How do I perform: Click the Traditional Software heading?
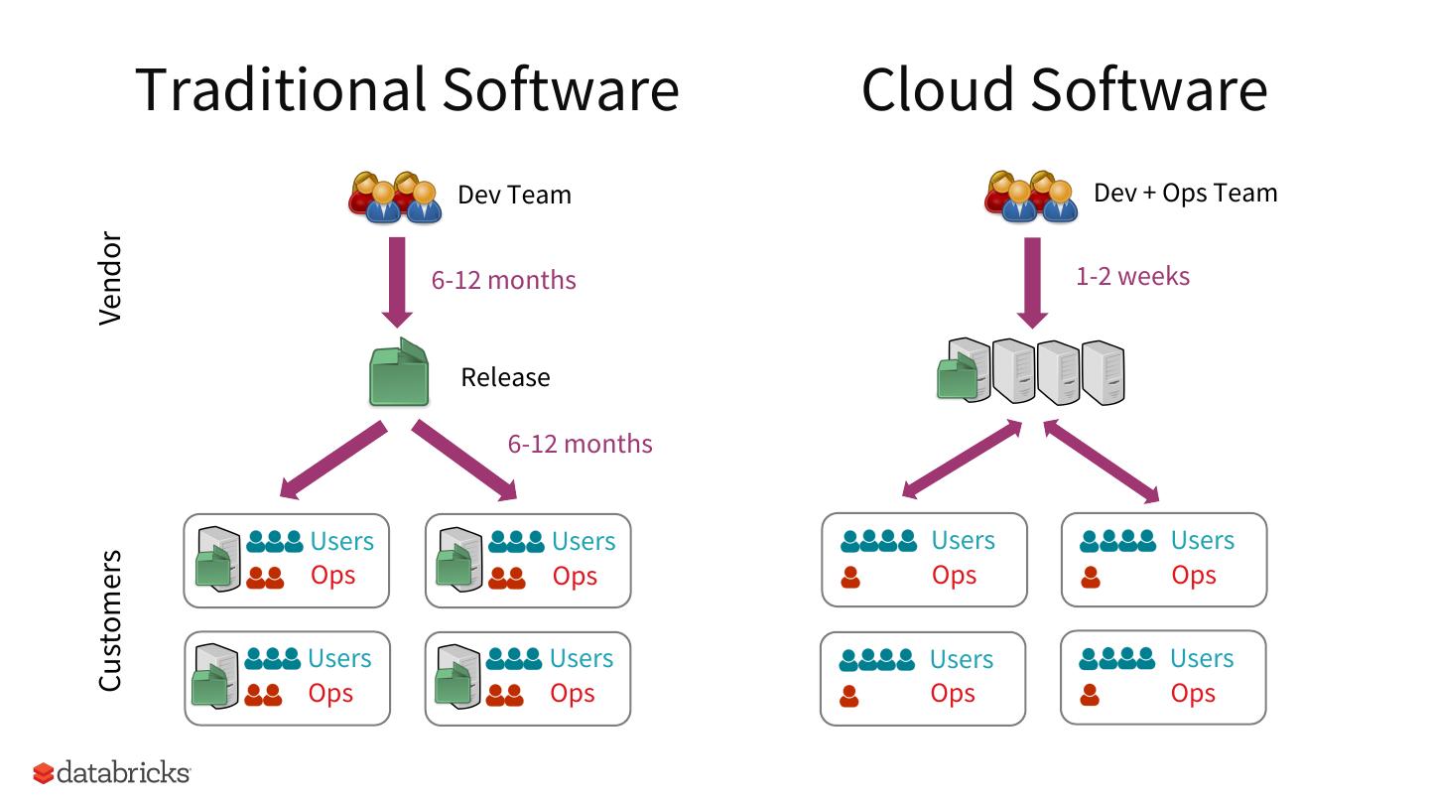pos(407,88)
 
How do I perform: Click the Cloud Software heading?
pos(1064,88)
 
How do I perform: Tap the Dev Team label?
pos(514,194)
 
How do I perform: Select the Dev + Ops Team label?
pos(1185,193)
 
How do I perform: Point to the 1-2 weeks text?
pos(1132,276)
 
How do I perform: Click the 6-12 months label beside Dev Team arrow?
pos(503,280)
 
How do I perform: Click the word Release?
pos(505,377)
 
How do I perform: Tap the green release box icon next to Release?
pos(399,374)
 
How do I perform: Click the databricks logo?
pos(111,772)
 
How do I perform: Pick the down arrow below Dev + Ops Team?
pos(1033,282)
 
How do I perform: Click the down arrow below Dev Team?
pos(397,282)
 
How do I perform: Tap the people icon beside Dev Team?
pos(395,196)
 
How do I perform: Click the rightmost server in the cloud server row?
pos(1103,372)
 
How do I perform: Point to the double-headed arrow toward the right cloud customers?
pos(1102,461)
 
